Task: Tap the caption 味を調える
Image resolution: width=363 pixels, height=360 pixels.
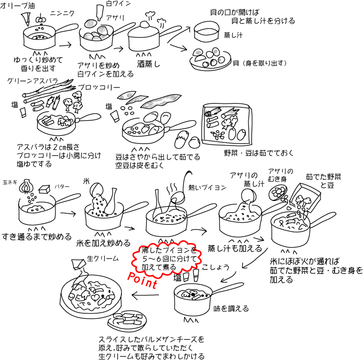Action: pos(231,309)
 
